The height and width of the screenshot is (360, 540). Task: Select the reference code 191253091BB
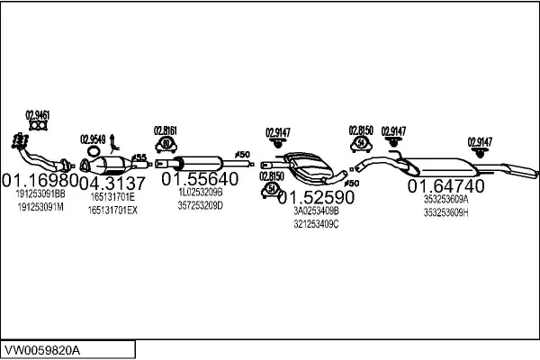40,193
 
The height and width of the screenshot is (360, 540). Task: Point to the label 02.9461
37,114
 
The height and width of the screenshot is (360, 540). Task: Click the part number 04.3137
112,183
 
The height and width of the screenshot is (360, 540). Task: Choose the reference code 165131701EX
112,211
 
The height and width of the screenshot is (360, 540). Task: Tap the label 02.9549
93,139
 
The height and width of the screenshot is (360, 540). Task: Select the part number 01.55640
200,179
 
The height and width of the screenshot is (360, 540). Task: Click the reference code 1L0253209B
199,193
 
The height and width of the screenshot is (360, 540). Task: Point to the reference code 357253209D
199,206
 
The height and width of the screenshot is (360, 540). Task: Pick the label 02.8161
165,130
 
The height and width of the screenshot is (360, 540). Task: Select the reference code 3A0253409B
316,211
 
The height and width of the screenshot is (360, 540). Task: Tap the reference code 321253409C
316,224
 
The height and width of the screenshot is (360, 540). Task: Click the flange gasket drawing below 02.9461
37,127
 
